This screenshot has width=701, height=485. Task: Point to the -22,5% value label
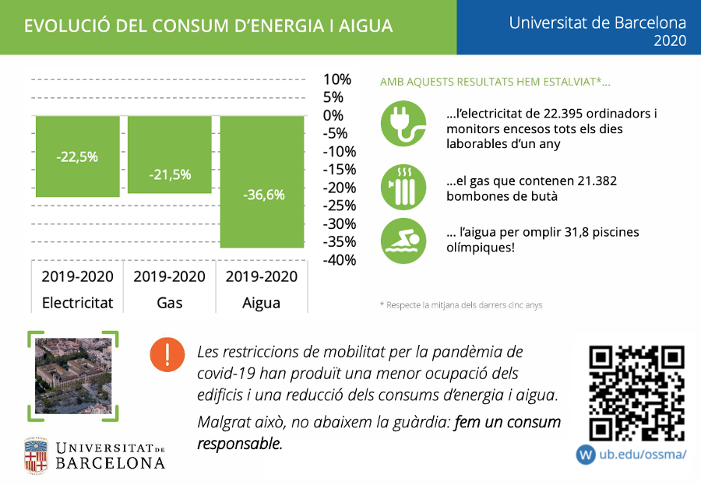[77, 156]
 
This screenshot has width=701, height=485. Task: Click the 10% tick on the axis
[337, 79]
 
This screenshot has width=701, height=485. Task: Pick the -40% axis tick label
[339, 260]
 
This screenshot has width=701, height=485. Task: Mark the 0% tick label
[333, 115]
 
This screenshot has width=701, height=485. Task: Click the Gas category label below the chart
[170, 302]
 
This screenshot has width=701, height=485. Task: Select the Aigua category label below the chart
[262, 302]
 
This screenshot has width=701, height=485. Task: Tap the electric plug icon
[403, 124]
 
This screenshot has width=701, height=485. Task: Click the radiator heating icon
[403, 185]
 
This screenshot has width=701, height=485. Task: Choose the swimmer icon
[403, 240]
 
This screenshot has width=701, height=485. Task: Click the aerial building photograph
[73, 376]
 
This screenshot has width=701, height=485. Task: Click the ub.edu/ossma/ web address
[643, 454]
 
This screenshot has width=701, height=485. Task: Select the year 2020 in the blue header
[671, 40]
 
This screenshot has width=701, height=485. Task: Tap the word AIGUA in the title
[368, 26]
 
